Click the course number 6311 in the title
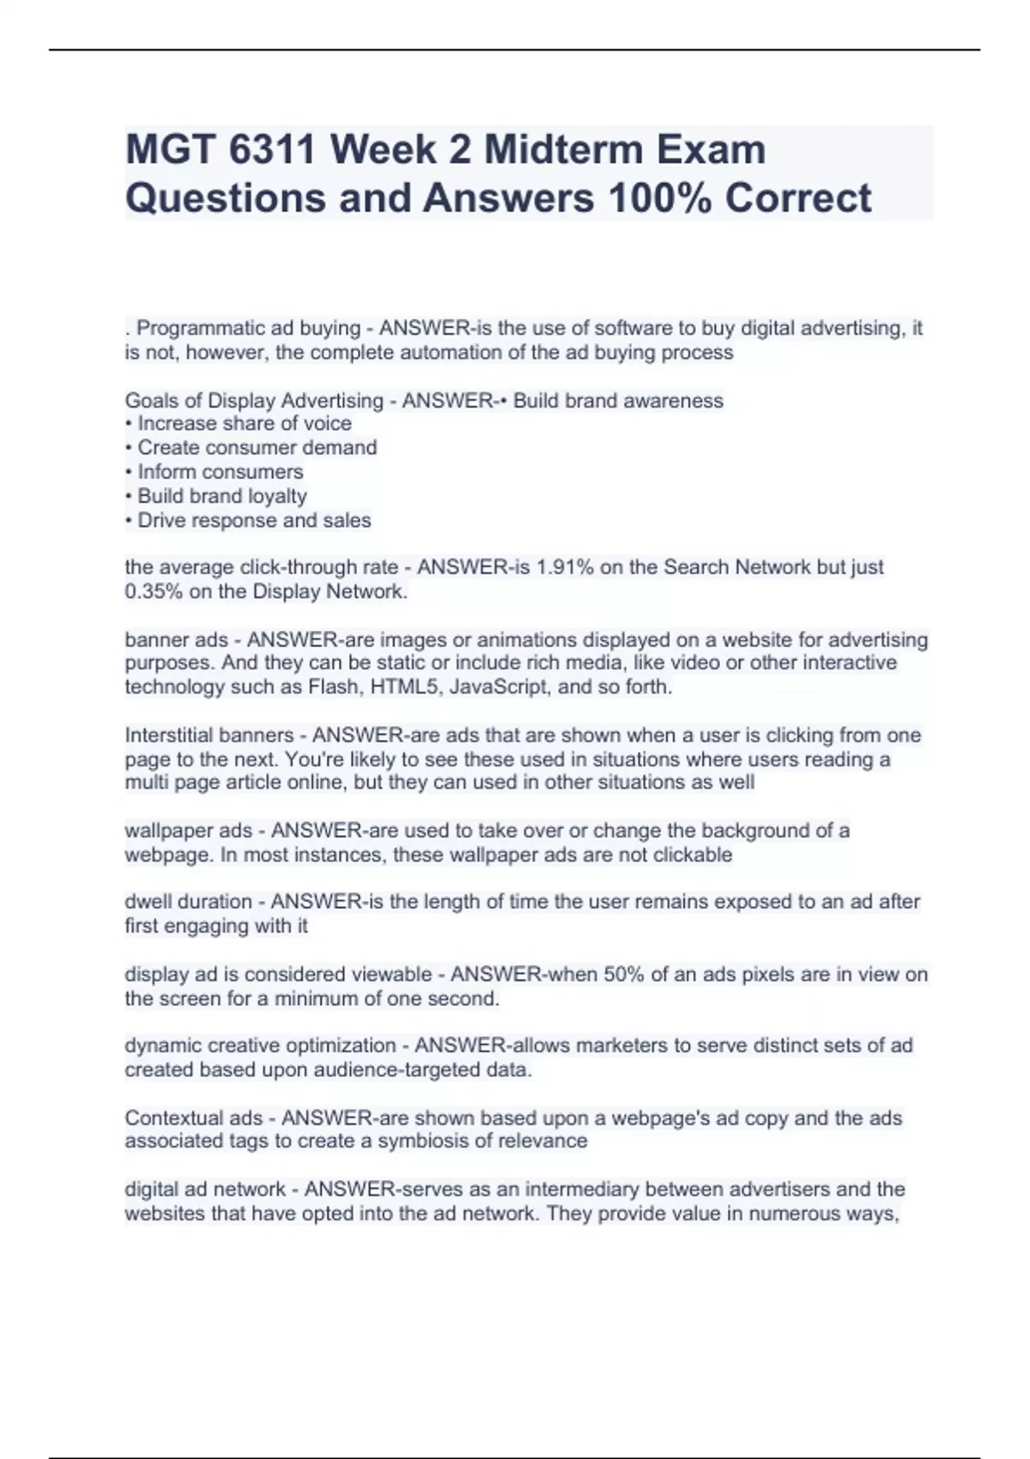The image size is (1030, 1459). click(x=273, y=149)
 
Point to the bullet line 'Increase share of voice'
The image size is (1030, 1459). click(x=244, y=423)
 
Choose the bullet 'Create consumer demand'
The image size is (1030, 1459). click(x=257, y=447)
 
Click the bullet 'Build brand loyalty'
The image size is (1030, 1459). click(x=221, y=496)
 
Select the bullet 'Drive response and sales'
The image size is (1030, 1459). click(x=254, y=520)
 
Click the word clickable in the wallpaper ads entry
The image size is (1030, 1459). click(x=693, y=855)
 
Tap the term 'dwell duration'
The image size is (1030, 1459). click(x=188, y=902)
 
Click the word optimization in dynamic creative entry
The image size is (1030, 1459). click(x=341, y=1045)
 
